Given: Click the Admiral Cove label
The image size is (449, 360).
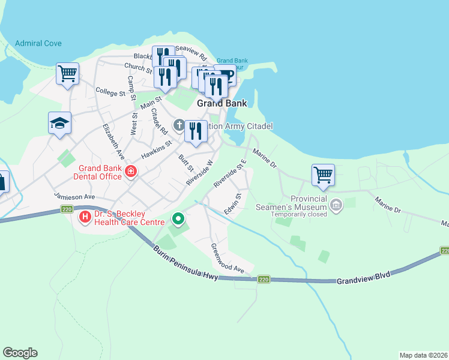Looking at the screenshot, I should pyautogui.click(x=39, y=44).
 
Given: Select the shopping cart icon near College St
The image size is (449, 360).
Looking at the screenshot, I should pyautogui.click(x=68, y=74).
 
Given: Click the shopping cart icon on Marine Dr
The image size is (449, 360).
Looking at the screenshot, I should pyautogui.click(x=323, y=175).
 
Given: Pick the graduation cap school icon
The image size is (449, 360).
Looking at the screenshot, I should pyautogui.click(x=59, y=123).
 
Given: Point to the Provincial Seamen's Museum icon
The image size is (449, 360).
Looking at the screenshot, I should pyautogui.click(x=336, y=206).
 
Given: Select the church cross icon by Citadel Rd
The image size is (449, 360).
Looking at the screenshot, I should pyautogui.click(x=178, y=126).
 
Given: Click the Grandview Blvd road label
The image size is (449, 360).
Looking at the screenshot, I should pyautogui.click(x=363, y=277).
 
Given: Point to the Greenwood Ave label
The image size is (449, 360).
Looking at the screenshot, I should pyautogui.click(x=228, y=259).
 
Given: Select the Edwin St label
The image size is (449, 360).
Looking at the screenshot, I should pyautogui.click(x=233, y=205).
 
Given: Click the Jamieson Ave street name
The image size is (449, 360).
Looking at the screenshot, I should pyautogui.click(x=74, y=197).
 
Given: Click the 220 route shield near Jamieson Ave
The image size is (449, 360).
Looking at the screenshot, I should pyautogui.click(x=66, y=209).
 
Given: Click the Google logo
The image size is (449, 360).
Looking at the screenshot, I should pyautogui.click(x=20, y=353).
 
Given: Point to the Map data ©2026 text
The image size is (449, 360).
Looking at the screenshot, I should pyautogui.click(x=423, y=355).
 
